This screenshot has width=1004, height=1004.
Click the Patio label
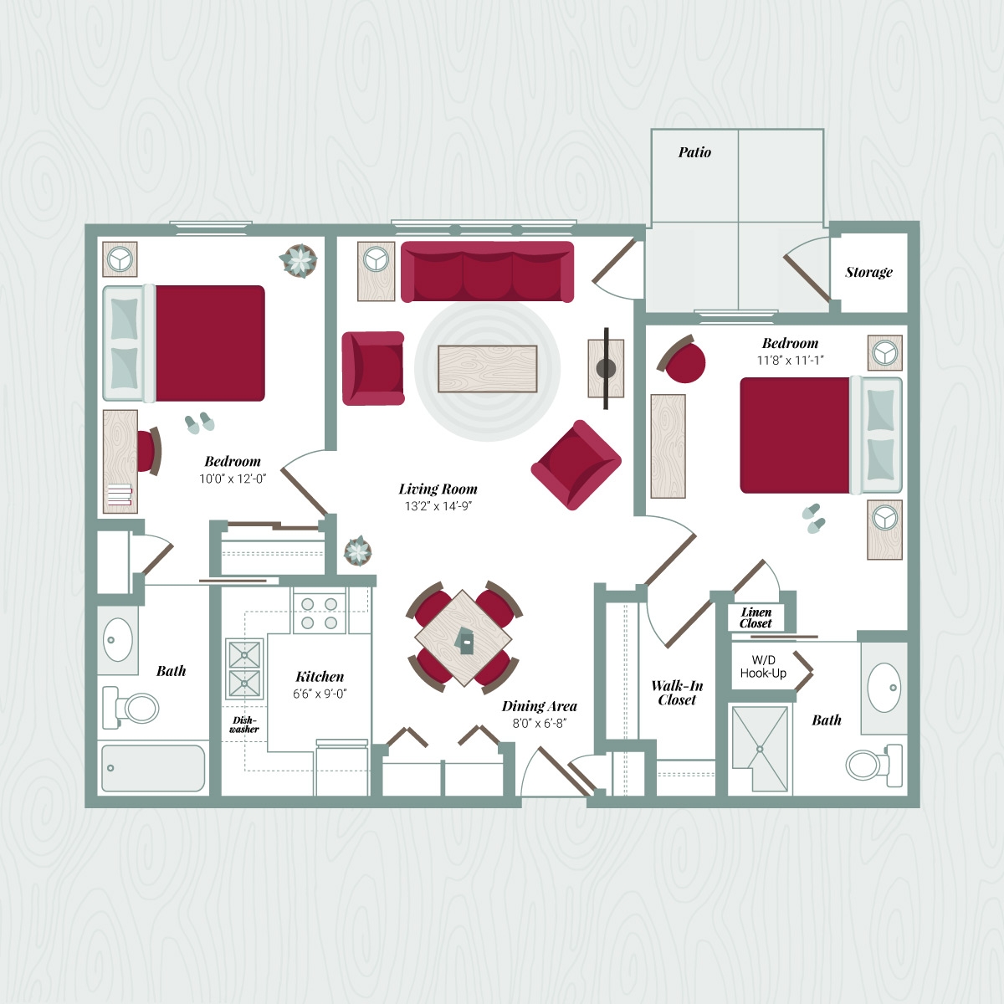[x=694, y=152]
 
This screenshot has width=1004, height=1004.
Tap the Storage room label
[x=868, y=272]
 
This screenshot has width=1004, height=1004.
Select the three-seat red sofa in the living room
[x=487, y=272]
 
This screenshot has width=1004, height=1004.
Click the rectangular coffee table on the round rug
[x=487, y=368]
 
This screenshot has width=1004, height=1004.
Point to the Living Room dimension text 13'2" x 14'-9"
[x=438, y=506]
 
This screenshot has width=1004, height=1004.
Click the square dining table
[x=463, y=638]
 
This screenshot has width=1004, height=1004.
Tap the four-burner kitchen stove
[x=319, y=612]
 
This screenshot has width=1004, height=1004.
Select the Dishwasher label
[x=244, y=725]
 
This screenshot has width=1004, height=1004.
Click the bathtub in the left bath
[x=153, y=768]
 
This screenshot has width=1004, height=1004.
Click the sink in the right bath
[x=884, y=688]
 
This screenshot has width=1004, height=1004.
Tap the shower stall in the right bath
[x=759, y=748]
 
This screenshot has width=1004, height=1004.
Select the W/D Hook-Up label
[x=763, y=667]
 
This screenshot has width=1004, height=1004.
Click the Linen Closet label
[x=756, y=617]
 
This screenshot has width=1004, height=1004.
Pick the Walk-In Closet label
[x=677, y=693]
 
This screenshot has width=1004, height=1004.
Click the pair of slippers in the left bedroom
[x=200, y=423]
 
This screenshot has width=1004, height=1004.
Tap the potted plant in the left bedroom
[x=299, y=261]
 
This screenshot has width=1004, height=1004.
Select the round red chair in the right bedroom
[x=685, y=362]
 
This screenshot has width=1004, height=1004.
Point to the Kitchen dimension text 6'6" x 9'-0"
[x=320, y=694]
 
